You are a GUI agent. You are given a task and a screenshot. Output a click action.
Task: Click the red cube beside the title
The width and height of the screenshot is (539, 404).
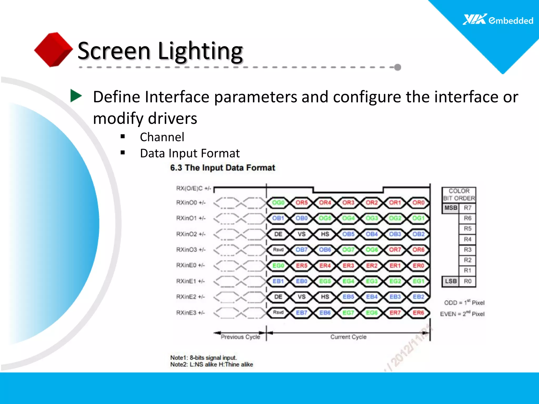click(53, 49)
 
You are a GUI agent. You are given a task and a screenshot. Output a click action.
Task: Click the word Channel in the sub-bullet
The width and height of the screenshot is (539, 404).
click(162, 137)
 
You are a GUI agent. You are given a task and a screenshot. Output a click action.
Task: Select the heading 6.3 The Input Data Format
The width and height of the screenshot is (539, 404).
click(222, 168)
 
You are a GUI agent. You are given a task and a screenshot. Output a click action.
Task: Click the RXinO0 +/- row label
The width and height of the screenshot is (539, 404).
click(191, 203)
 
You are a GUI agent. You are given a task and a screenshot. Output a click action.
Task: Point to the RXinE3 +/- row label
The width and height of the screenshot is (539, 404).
click(190, 313)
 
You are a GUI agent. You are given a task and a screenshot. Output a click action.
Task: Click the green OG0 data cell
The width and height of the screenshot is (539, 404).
click(278, 203)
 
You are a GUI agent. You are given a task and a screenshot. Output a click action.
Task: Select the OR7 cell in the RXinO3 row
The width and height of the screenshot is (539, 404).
click(395, 250)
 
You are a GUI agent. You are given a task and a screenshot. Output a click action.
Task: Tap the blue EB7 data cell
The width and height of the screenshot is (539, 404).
click(302, 313)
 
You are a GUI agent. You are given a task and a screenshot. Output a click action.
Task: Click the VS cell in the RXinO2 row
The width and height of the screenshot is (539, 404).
click(302, 234)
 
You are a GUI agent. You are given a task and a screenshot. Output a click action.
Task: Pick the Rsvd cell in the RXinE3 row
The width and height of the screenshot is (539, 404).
click(278, 312)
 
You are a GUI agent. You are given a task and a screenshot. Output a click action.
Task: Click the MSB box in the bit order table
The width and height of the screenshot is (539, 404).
click(451, 208)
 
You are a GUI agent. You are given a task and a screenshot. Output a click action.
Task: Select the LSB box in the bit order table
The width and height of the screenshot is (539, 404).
click(451, 281)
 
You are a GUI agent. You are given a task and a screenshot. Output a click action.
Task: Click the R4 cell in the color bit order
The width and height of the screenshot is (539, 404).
click(467, 239)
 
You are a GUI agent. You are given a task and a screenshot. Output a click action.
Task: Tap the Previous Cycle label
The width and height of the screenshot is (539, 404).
click(240, 337)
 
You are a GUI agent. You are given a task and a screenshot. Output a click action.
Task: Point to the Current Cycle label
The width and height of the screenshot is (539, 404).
click(348, 337)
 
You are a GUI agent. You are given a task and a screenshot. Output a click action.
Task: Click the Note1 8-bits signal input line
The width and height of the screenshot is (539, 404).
click(203, 358)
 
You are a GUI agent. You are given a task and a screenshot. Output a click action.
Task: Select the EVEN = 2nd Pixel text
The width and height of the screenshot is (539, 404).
click(462, 314)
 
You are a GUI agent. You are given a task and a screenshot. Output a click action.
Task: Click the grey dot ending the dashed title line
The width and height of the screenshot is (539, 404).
click(398, 67)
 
